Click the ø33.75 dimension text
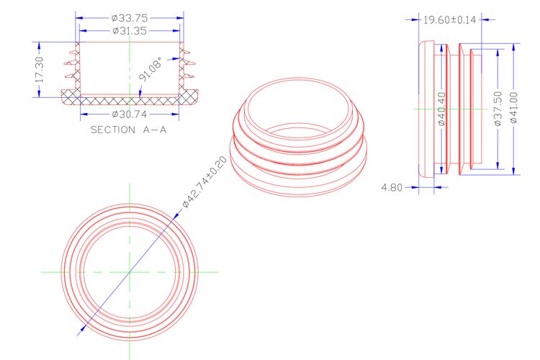130,18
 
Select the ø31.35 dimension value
130,31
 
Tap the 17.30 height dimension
40,70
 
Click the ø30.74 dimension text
130,114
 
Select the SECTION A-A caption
128,130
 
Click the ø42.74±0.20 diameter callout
204,182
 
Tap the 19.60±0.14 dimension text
449,20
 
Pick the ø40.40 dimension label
441,109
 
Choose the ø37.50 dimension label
498,109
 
